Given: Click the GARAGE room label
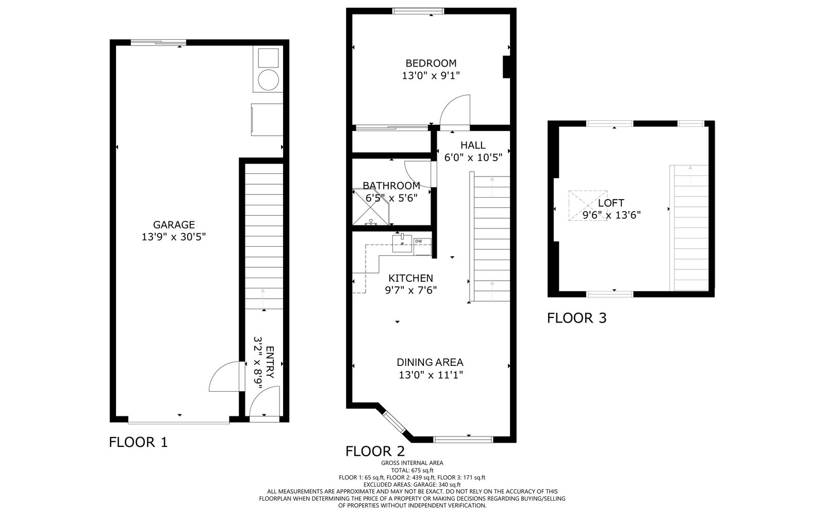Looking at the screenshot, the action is tap(174, 224).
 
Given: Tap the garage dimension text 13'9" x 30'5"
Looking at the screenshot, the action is tap(174, 237).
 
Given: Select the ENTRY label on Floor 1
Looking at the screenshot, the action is tap(270, 362).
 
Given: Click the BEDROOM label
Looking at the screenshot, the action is tap(431, 63).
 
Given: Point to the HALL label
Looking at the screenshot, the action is tap(473, 145).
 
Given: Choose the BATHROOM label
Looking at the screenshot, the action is tap(391, 185).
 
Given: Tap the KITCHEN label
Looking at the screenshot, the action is tap(410, 278).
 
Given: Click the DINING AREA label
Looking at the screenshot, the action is tap(430, 362).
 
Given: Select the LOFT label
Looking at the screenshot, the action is tap(611, 203).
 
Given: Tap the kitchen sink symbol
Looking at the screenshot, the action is tap(402, 243).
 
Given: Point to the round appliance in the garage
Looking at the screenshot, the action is tap(269, 79).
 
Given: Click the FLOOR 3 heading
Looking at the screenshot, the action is tap(577, 318).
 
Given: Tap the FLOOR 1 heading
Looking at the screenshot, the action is tap(139, 442).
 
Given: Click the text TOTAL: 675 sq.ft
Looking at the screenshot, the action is tap(412, 471).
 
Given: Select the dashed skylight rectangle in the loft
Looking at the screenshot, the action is tap(588, 205).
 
